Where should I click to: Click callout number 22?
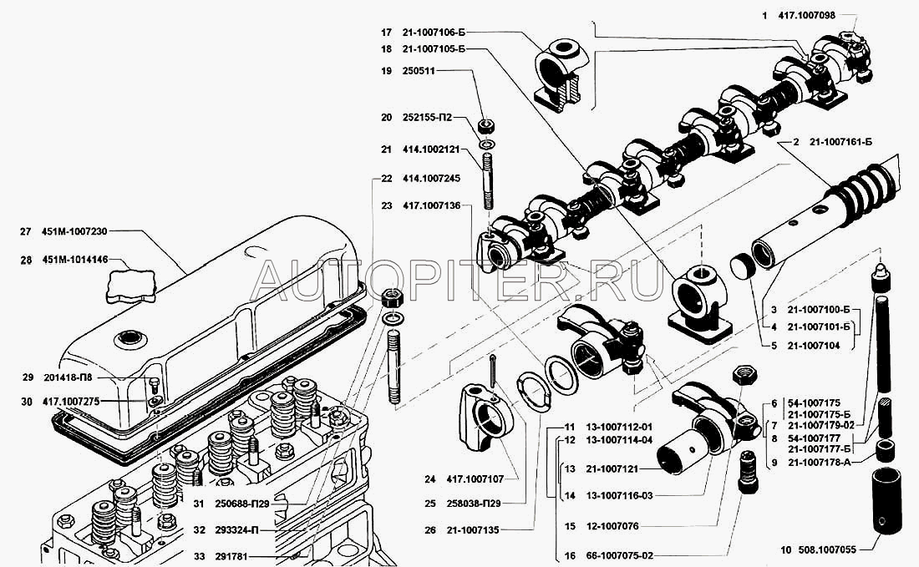pyautogui.click(x=386, y=179)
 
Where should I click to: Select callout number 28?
pyautogui.click(x=26, y=261)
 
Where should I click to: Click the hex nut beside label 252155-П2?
pyautogui.click(x=485, y=128)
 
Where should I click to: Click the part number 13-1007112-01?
pyautogui.click(x=619, y=427)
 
